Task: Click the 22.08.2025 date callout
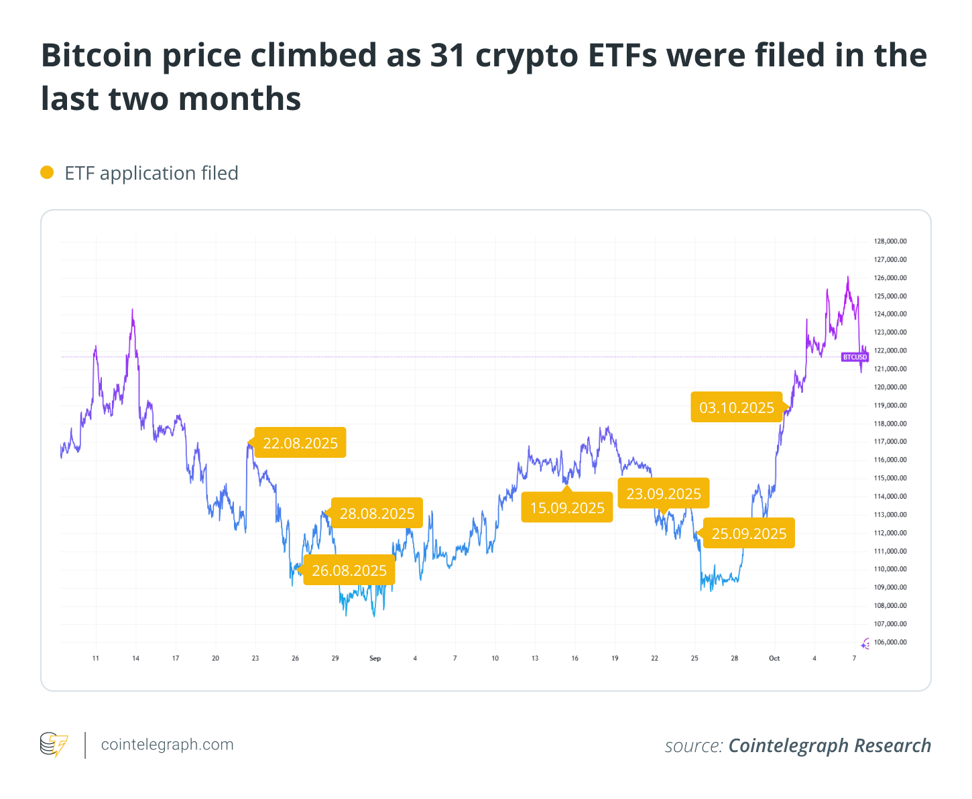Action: pyautogui.click(x=300, y=443)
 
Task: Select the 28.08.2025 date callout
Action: pyautogui.click(x=377, y=513)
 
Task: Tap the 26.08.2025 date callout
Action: pyautogui.click(x=349, y=570)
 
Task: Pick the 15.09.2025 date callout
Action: pyautogui.click(x=567, y=507)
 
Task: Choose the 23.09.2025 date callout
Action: pyautogui.click(x=663, y=494)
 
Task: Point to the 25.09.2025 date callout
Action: pyautogui.click(x=749, y=534)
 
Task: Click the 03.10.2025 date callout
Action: pyautogui.click(x=736, y=408)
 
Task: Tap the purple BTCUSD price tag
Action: pyautogui.click(x=855, y=357)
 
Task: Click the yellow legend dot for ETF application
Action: pyautogui.click(x=47, y=173)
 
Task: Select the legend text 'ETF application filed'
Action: pyautogui.click(x=151, y=173)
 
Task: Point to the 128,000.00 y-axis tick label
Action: pyautogui.click(x=890, y=241)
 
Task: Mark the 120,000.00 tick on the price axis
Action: pyautogui.click(x=890, y=387)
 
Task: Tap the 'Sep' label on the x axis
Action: pyautogui.click(x=375, y=658)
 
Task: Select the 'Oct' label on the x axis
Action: pyautogui.click(x=774, y=658)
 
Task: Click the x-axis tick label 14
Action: pyautogui.click(x=135, y=658)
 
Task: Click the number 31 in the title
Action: pyautogui.click(x=448, y=56)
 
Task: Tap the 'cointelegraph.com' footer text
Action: pyautogui.click(x=167, y=745)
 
